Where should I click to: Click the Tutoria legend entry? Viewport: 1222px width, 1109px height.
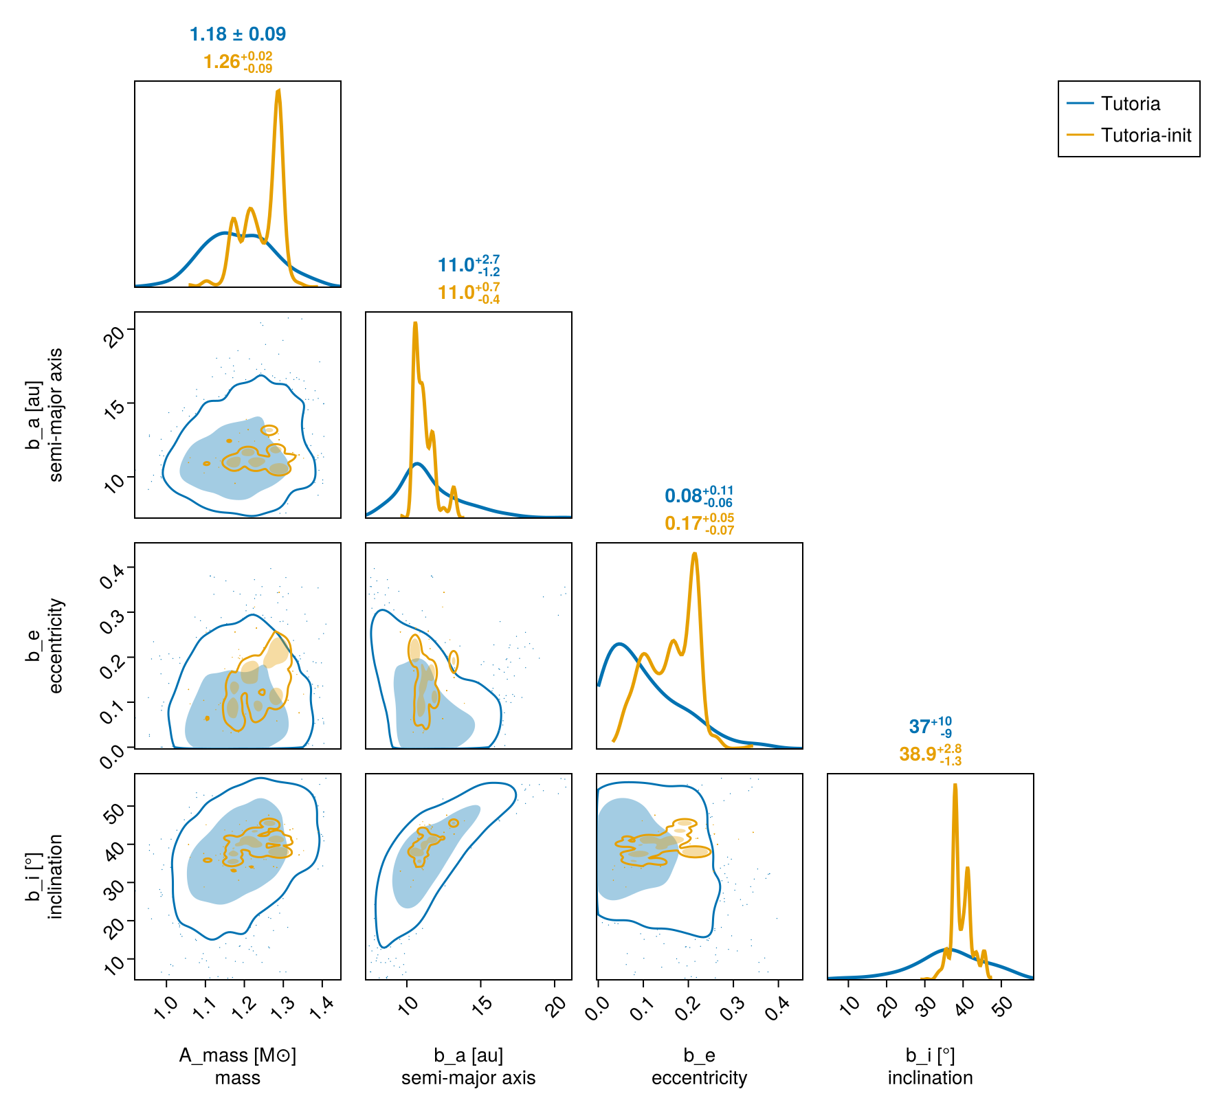(1113, 104)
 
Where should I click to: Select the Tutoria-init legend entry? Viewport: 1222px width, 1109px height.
(1129, 135)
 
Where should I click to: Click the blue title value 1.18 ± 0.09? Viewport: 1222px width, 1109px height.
(238, 34)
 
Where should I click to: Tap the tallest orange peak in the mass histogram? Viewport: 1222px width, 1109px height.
(278, 90)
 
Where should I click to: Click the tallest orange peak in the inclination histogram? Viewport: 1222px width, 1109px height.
(955, 785)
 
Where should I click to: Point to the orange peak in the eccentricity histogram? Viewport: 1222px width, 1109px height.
(695, 553)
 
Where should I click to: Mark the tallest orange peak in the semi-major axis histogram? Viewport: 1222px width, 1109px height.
(415, 323)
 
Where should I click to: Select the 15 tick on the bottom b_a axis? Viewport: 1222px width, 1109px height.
(483, 1005)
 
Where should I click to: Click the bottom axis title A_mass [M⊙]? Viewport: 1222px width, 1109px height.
(238, 1055)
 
